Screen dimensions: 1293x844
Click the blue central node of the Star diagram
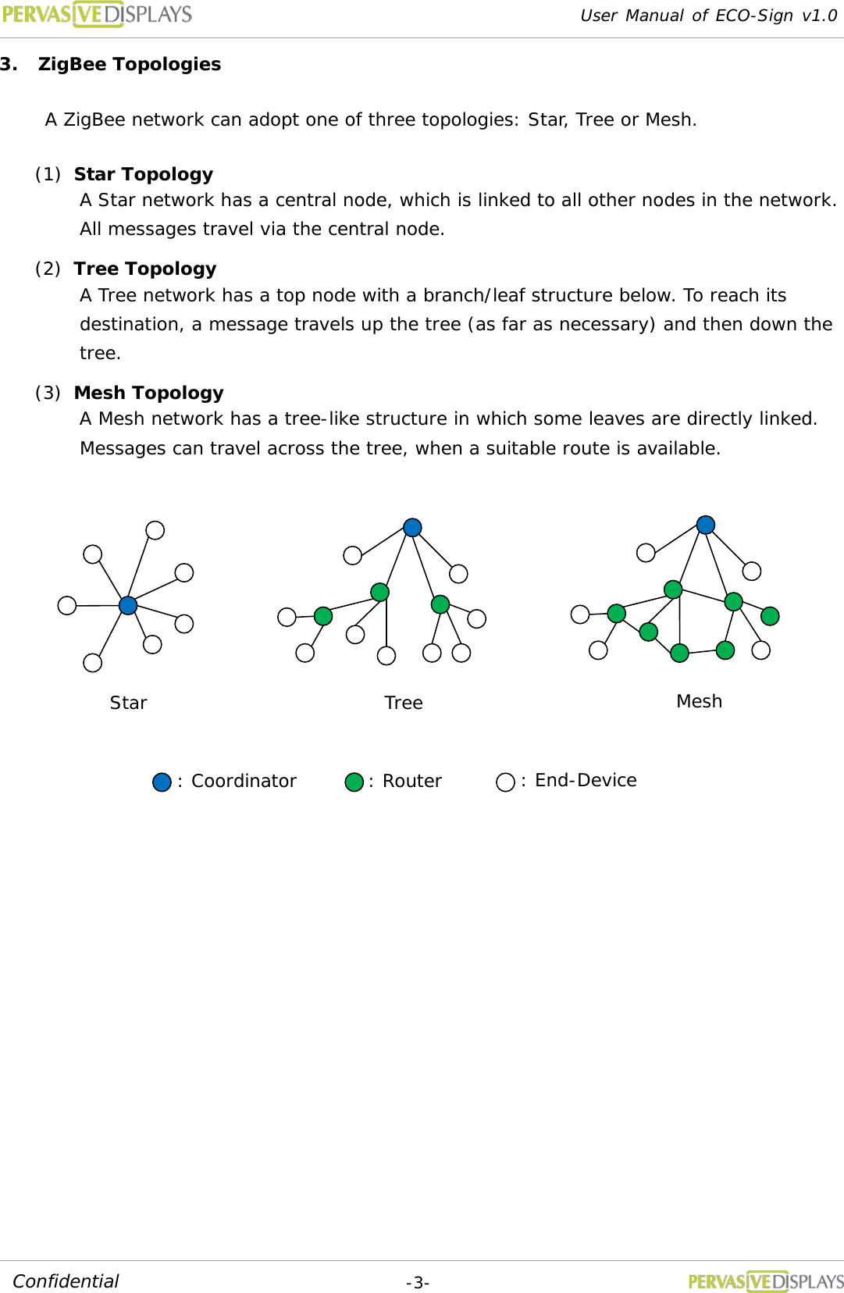pos(128,605)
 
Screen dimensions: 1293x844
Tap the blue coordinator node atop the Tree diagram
pos(412,528)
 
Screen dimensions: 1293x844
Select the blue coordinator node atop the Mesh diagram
pos(706,525)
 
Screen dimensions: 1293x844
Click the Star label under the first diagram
pos(128,703)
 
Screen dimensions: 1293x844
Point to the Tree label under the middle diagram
pos(404,703)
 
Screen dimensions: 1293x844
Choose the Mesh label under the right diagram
pos(699,701)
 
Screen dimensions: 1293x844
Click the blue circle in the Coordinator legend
pos(162,782)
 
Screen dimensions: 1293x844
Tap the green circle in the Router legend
pos(354,782)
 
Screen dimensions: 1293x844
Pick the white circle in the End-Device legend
pos(506,782)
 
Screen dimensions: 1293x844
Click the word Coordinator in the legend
pos(244,781)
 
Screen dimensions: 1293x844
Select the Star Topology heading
pos(143,174)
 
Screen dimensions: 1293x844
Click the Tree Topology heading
pos(144,269)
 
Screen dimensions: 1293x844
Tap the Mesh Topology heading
pos(148,393)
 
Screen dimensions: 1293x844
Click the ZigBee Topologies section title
pos(129,64)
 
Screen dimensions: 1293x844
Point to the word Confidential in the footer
pos(66,1281)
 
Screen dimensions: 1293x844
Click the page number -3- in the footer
pos(418,1283)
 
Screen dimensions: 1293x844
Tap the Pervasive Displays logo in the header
pos(97,15)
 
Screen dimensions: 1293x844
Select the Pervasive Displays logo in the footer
pos(765,1281)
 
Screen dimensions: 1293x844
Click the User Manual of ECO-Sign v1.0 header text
pos(708,16)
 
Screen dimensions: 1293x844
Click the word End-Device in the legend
pos(586,780)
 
